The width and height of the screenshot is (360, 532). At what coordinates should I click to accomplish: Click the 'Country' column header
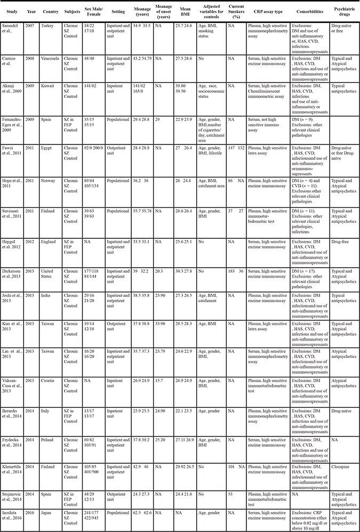(x=47, y=11)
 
